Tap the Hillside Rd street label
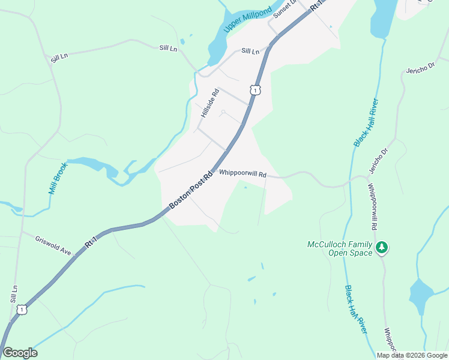[211, 103]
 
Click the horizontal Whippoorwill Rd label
[243, 173]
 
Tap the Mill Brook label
[58, 178]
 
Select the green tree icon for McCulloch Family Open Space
[381, 247]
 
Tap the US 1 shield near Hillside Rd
[256, 91]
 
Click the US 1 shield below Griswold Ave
[22, 309]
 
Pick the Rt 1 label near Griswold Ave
[91, 241]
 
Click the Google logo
[20, 353]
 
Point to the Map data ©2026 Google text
[412, 355]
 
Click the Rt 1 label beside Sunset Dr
[316, 5]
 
